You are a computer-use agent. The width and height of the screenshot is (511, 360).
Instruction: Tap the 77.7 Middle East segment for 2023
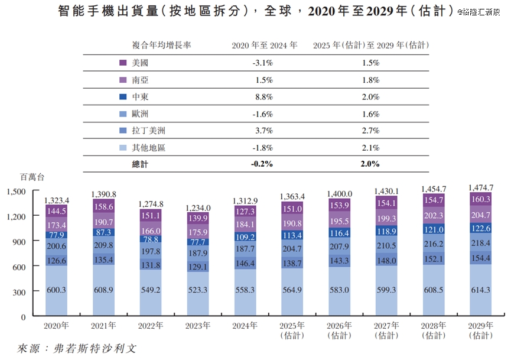tap(197, 242)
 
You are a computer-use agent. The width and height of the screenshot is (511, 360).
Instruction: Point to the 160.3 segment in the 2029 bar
tap(481, 199)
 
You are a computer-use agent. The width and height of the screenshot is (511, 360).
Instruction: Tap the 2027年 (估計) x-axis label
tap(387, 330)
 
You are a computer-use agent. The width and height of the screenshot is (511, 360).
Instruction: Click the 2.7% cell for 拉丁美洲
tap(370, 131)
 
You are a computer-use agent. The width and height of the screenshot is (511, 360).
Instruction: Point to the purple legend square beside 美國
tap(123, 63)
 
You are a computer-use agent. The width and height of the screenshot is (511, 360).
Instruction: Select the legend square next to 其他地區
tap(123, 148)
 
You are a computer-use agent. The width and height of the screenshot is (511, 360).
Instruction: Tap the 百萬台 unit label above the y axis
tap(32, 177)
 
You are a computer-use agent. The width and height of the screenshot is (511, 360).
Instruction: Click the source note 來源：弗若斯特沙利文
tap(77, 348)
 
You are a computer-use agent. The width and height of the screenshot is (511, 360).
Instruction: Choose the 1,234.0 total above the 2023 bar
tap(197, 208)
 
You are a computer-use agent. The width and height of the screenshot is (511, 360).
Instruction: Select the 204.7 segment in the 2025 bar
tap(292, 249)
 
